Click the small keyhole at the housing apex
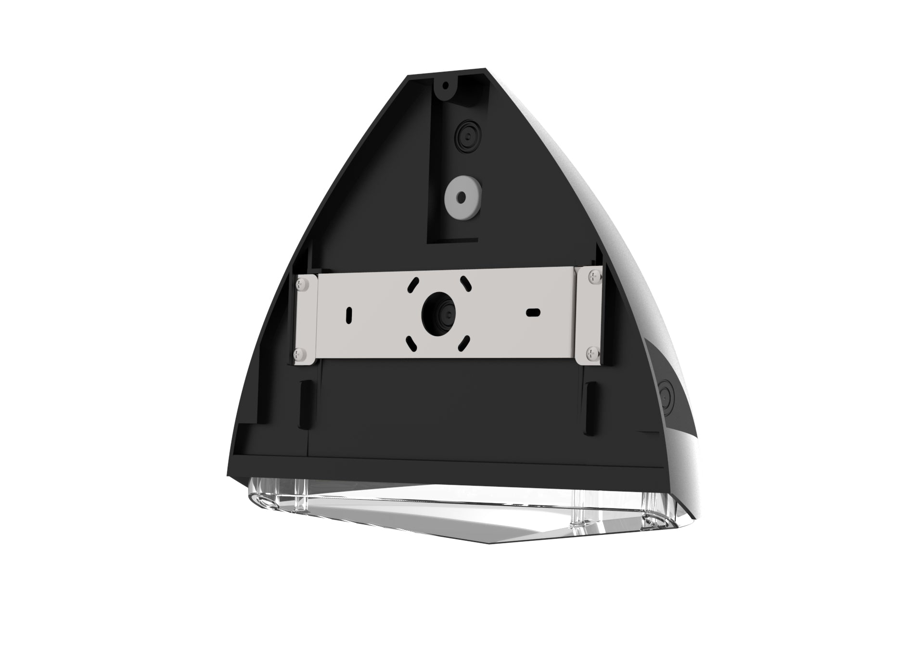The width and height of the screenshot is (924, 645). coord(446,86)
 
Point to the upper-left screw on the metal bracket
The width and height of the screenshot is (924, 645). coord(302,284)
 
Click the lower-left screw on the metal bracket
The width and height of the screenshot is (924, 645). coord(298,355)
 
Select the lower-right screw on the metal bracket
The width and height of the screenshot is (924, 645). coord(591,354)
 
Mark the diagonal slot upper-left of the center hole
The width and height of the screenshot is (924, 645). coord(413,285)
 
